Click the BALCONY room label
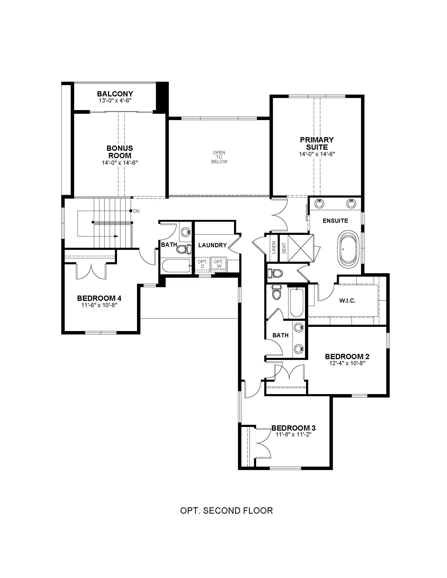(115, 94)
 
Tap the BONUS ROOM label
(120, 152)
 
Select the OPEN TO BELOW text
(219, 157)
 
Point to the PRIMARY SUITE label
(317, 143)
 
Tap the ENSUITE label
(335, 221)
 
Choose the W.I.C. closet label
(347, 301)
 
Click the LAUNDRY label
(213, 245)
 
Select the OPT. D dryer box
(202, 264)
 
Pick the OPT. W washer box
(219, 264)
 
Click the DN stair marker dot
(131, 211)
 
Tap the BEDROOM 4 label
(99, 298)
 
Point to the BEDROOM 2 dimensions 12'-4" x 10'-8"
(347, 363)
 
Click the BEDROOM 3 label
(294, 428)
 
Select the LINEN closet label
(274, 247)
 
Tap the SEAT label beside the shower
(284, 248)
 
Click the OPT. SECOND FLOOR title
(226, 511)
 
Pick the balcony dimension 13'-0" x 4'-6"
(115, 101)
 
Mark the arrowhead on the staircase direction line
(116, 236)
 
